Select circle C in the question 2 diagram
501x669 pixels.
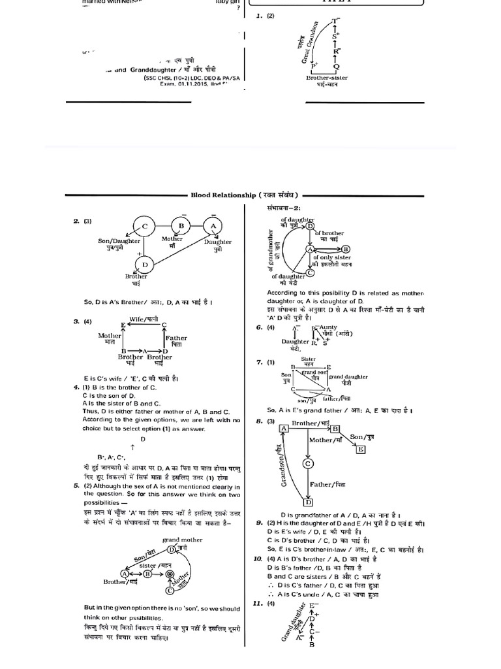[x=144, y=227]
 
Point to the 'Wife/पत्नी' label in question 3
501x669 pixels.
[x=144, y=318]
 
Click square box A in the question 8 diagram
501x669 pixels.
[x=284, y=428]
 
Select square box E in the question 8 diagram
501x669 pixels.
[x=360, y=449]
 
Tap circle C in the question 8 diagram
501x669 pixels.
[x=307, y=463]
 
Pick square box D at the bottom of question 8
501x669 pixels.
[x=308, y=502]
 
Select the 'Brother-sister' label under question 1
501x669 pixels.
[x=326, y=78]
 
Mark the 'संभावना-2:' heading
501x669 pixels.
[x=282, y=208]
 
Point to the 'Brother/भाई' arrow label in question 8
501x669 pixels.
[x=310, y=423]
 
